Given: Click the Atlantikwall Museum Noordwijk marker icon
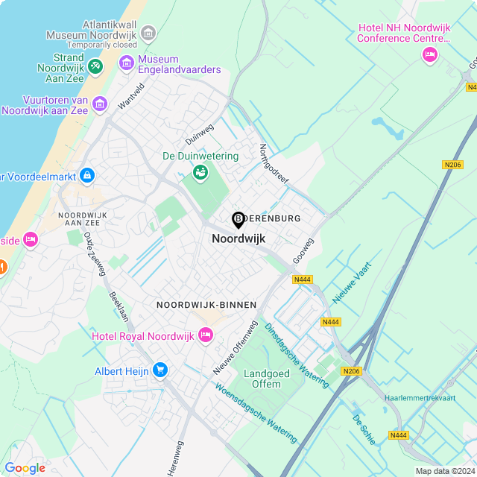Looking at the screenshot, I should click(148, 33).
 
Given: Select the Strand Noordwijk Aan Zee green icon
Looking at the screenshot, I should click(95, 67).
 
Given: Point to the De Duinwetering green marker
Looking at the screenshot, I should click(200, 173).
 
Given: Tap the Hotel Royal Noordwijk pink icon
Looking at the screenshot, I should click(206, 336).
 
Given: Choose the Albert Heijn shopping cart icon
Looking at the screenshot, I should click(159, 370).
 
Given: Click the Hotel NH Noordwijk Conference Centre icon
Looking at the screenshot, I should click(429, 54).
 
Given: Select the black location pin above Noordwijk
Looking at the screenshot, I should click(238, 220).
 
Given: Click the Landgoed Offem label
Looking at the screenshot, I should click(262, 379).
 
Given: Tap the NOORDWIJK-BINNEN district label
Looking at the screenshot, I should click(206, 305).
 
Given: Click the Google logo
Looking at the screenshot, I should click(25, 467).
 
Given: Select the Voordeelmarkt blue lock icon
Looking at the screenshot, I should click(88, 176).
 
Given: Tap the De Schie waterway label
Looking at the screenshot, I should click(364, 429).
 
